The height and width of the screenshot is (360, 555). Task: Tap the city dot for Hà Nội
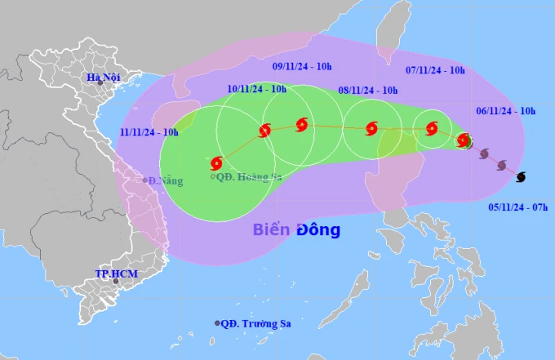tap(100, 83)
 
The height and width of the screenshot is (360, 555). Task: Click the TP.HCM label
tap(114, 273)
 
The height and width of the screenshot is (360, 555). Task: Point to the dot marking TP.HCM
tap(115, 282)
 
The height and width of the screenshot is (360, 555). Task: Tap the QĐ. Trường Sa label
tap(256, 323)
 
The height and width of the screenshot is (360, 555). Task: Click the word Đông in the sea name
tap(318, 230)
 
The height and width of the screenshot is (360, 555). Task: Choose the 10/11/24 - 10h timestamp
tap(256, 88)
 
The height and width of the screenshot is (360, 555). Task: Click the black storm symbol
tap(521, 176)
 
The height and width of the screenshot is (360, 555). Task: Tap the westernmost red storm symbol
tap(216, 163)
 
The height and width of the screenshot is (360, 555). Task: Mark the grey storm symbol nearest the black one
tap(502, 165)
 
